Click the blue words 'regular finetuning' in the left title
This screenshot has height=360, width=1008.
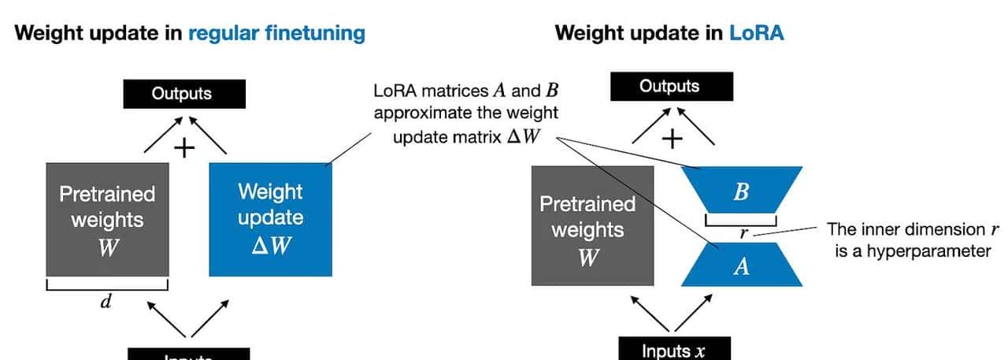pyautogui.click(x=276, y=33)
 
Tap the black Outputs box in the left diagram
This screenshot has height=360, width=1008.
pyautogui.click(x=182, y=94)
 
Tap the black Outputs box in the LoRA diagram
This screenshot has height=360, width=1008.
pyautogui.click(x=669, y=87)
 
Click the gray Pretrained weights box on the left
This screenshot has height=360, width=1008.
pyautogui.click(x=107, y=219)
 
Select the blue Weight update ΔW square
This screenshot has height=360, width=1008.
pyautogui.click(x=270, y=218)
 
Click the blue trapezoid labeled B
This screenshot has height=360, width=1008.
pyautogui.click(x=740, y=192)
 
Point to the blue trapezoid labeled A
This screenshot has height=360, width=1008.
pyautogui.click(x=740, y=266)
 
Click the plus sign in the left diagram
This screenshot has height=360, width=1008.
pyautogui.click(x=183, y=147)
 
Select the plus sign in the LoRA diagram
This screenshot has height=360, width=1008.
pyautogui.click(x=671, y=139)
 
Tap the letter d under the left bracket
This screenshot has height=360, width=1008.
pyautogui.click(x=106, y=302)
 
